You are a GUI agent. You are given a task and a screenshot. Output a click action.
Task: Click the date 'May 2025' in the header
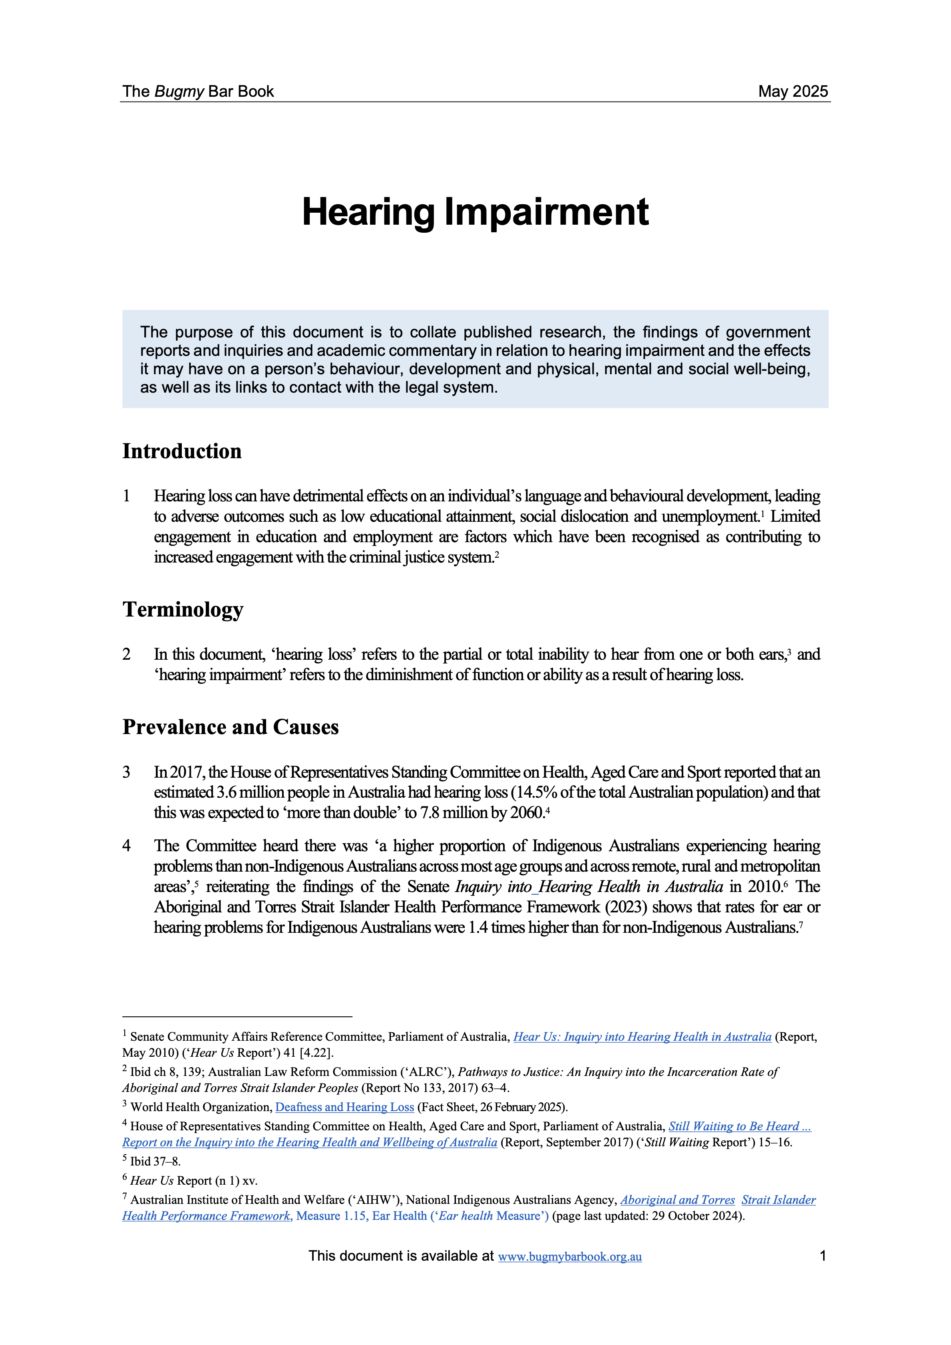(793, 92)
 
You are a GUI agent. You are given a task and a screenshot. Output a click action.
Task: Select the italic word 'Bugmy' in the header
(179, 92)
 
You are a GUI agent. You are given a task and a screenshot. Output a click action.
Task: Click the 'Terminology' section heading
(183, 609)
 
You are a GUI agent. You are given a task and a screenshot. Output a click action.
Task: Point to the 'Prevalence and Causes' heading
(230, 727)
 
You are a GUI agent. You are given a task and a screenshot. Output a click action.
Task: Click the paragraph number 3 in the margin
(127, 772)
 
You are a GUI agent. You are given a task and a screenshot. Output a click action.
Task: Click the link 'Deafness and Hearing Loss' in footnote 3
(344, 1107)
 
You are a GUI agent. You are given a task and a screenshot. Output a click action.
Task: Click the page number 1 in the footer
(823, 1255)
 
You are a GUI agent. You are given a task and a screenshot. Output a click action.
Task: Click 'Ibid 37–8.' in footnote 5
(155, 1161)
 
